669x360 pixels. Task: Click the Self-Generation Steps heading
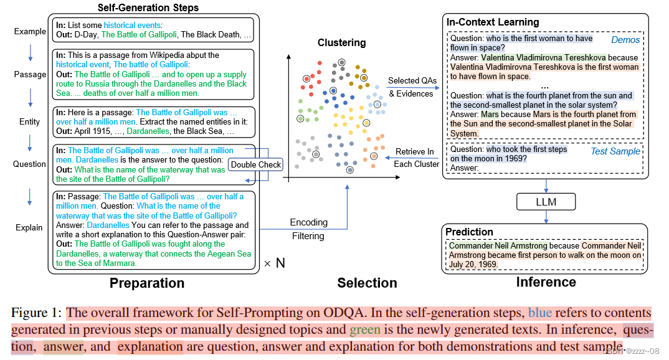148,8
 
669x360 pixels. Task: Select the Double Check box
255,164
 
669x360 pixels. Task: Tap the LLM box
546,202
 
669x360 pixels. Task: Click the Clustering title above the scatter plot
343,43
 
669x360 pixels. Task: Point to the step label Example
30,32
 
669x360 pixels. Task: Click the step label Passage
30,74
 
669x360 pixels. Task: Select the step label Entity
29,121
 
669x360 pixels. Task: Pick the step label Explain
29,227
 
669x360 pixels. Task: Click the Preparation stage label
147,283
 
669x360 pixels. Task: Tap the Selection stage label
367,283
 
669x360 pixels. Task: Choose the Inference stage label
546,282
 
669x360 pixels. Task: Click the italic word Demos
625,40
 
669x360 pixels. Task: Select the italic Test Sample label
615,151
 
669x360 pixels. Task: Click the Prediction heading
470,232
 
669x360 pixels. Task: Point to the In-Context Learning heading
493,22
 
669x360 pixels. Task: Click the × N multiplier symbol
274,263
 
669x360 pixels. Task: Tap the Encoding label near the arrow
308,222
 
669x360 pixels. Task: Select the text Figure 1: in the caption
36,313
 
